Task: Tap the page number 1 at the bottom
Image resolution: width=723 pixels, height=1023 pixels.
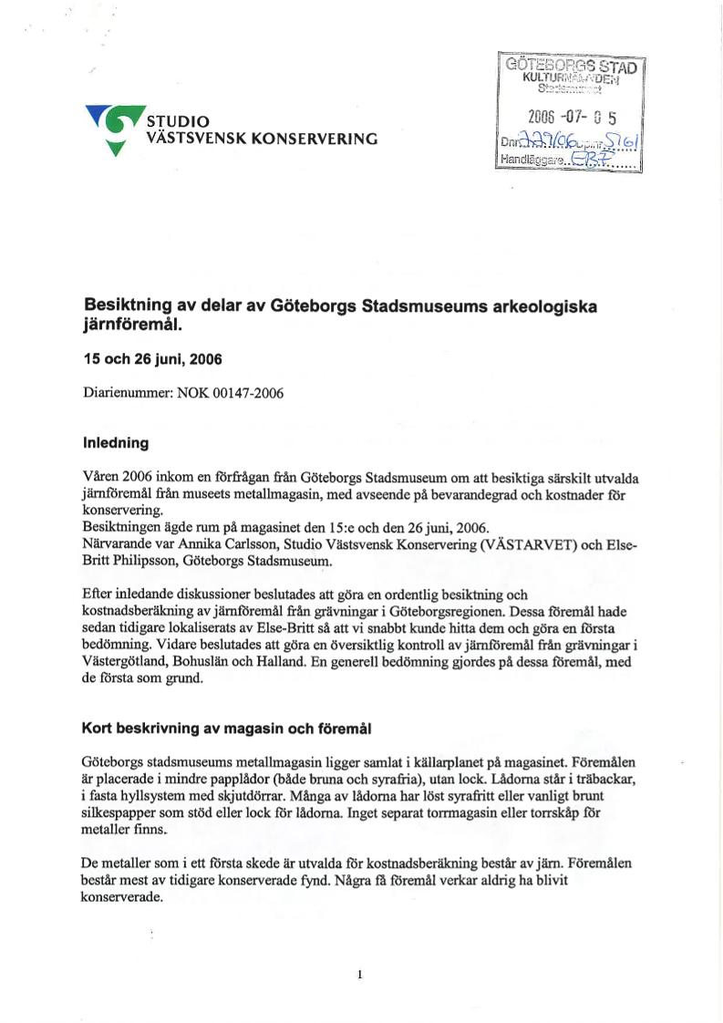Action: click(360, 975)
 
